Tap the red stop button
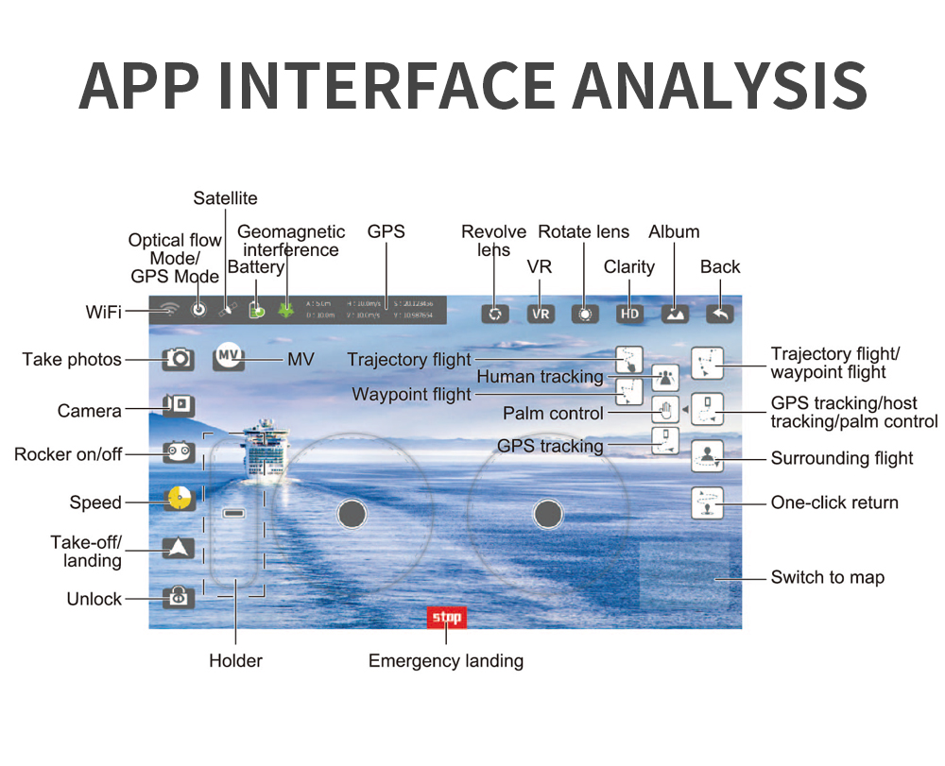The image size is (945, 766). pos(446,618)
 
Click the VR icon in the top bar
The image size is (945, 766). pos(541,315)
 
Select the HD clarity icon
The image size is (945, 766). pos(629,315)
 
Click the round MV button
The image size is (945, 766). pos(229,357)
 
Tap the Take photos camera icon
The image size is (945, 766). pos(179,359)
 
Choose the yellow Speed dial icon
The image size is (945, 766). pos(179,499)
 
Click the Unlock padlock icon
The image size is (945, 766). pos(179,598)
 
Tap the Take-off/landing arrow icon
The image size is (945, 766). pos(179,548)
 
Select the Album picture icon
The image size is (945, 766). pos(675,315)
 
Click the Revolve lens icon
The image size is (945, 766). pos(494,315)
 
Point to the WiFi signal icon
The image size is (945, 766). pos(170,309)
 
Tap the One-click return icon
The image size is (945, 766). pos(707,502)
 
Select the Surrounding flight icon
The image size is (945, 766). pos(707,456)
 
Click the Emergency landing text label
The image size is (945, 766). pos(446,661)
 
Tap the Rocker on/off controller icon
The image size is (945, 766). pos(179,453)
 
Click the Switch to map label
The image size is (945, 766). pos(828,577)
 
